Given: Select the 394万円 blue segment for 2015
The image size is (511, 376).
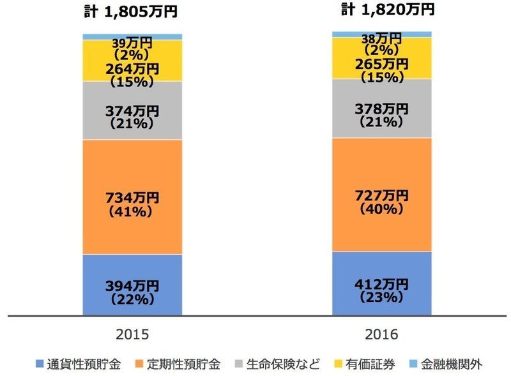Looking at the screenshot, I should pyautogui.click(x=132, y=285).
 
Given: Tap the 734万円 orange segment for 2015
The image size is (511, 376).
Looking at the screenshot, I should pyautogui.click(x=132, y=197).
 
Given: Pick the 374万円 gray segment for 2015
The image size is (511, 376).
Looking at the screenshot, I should pyautogui.click(x=132, y=111).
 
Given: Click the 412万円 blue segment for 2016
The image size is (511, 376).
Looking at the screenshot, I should pyautogui.click(x=381, y=283).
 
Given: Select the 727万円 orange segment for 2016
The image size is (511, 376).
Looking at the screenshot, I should pyautogui.click(x=381, y=195).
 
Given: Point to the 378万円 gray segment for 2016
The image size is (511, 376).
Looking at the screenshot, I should pyautogui.click(x=381, y=109).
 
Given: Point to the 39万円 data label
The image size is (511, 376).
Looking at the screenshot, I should pyautogui.click(x=132, y=43).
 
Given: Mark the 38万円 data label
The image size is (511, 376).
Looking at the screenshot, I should pyautogui.click(x=381, y=38).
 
